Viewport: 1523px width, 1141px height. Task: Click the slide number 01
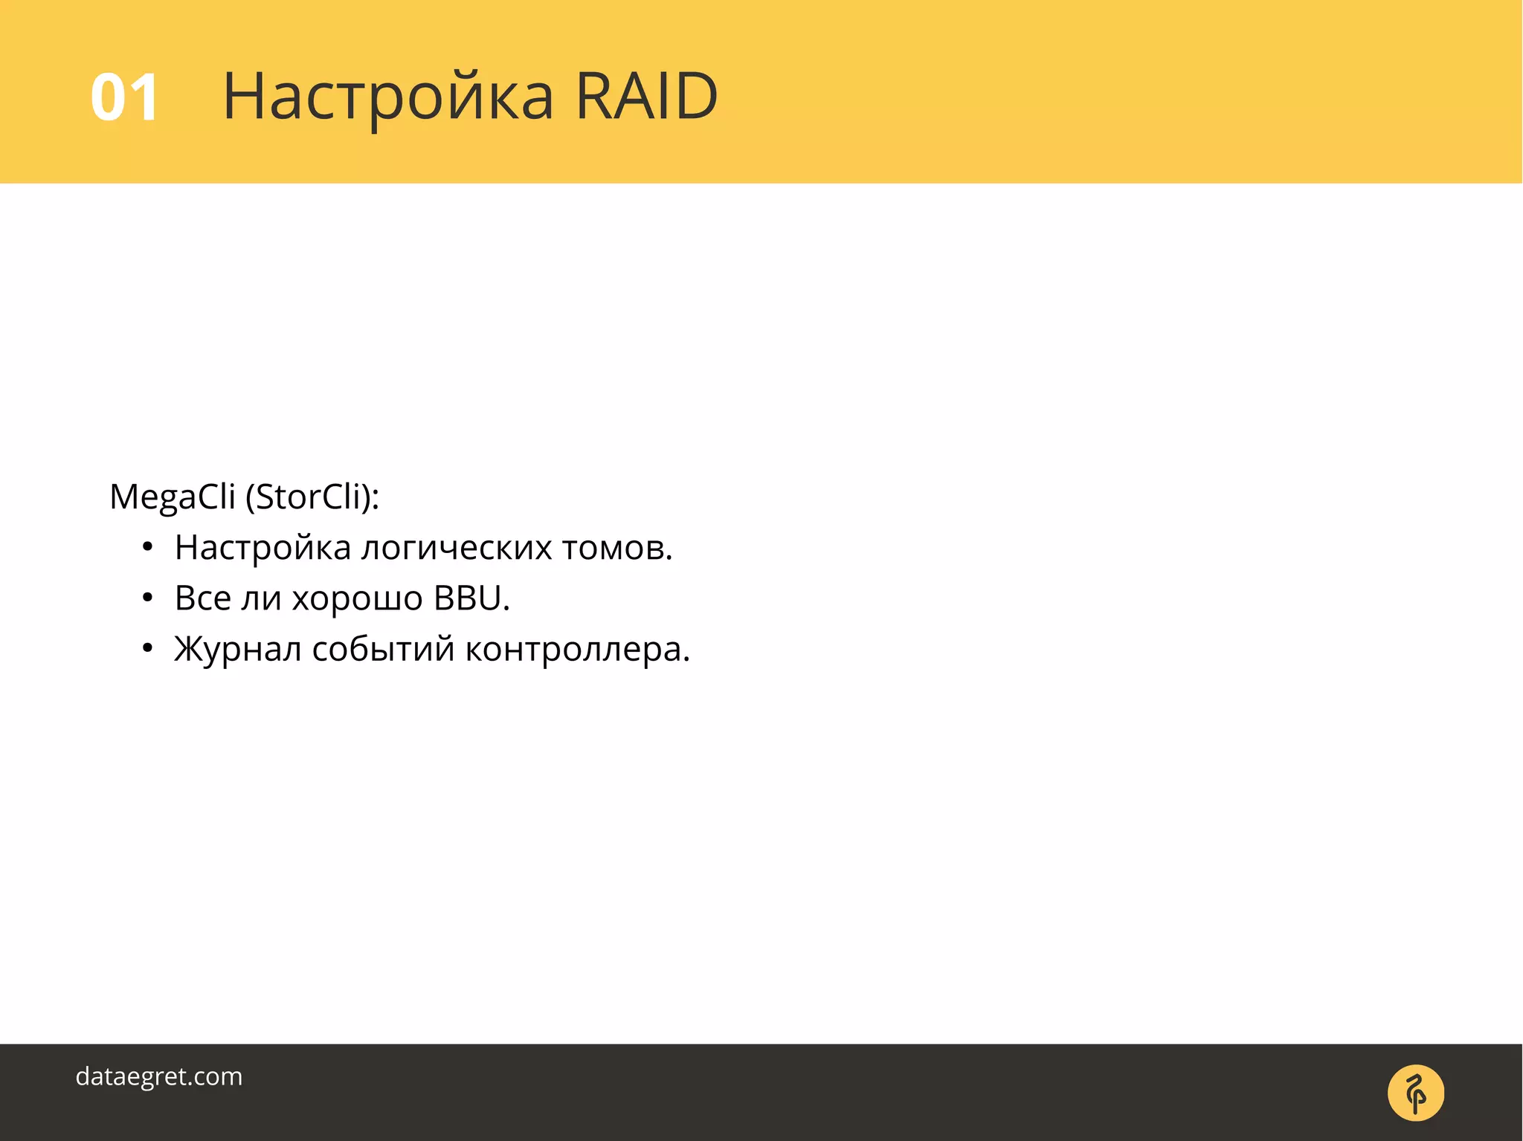124,97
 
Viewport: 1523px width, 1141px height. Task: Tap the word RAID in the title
646,96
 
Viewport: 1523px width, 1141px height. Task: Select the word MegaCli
172,497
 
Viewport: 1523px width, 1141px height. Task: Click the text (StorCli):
312,497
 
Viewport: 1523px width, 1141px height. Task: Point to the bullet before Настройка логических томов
147,548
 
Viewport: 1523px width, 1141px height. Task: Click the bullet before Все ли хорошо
147,598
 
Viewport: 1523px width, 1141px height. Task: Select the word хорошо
357,599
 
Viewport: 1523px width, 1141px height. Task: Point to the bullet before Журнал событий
147,649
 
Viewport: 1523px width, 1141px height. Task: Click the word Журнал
237,650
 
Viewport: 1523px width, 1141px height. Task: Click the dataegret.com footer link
159,1076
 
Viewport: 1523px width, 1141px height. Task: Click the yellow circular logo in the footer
1415,1093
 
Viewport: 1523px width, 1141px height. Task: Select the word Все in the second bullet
202,598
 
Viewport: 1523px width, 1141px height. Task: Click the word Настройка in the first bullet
263,549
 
